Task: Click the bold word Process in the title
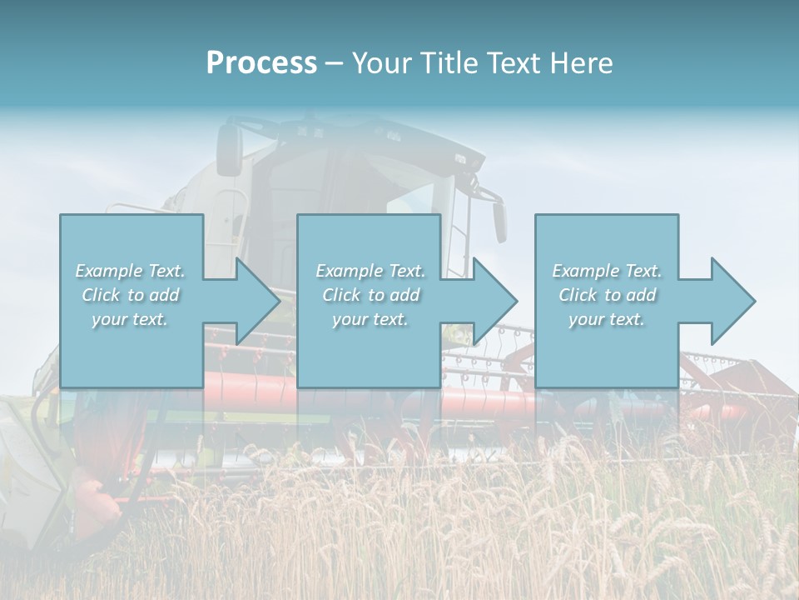pos(261,63)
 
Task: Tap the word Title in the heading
pos(447,63)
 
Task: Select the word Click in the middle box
pos(340,295)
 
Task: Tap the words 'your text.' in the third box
pos(606,319)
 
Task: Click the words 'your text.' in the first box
pos(130,319)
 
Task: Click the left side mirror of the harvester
pos(230,150)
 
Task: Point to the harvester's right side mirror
pos(499,222)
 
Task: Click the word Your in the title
pos(380,63)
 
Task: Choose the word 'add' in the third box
pos(641,295)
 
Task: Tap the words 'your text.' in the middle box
pos(370,319)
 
